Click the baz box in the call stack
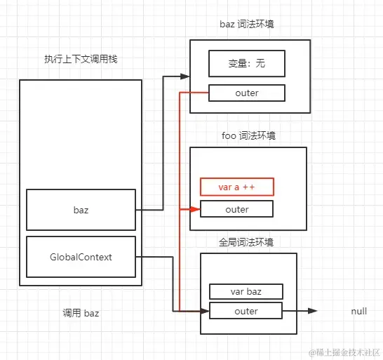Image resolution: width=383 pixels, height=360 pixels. click(x=81, y=209)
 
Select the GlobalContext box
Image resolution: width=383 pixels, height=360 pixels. click(x=81, y=257)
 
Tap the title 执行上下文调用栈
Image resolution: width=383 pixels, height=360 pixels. click(x=81, y=59)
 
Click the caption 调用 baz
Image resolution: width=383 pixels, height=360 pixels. click(x=81, y=314)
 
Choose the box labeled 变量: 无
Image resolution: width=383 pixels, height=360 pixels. click(x=246, y=65)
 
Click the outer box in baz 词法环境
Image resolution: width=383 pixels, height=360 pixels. click(x=246, y=93)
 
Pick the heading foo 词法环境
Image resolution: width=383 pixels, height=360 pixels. click(x=248, y=135)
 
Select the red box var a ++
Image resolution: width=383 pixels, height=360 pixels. click(x=236, y=187)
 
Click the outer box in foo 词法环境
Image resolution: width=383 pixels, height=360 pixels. click(x=236, y=209)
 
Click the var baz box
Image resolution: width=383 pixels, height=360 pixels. click(x=246, y=291)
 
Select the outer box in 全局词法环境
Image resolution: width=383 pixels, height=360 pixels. click(x=246, y=311)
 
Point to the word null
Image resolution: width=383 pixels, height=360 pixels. click(x=358, y=311)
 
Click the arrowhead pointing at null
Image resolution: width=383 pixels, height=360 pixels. click(x=313, y=311)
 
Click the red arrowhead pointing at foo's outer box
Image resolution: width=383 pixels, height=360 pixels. click(x=196, y=209)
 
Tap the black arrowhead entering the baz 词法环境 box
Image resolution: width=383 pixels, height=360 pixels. click(x=186, y=75)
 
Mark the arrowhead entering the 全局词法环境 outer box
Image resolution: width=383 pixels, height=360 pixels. click(x=205, y=311)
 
